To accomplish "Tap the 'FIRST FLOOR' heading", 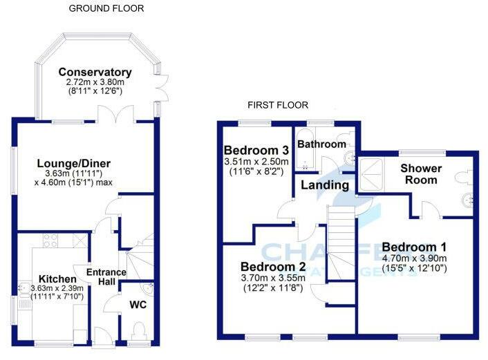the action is coord(278,106).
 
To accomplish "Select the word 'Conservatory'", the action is coord(95,72).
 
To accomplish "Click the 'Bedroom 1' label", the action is coord(414,247).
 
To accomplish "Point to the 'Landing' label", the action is coord(324,185).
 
